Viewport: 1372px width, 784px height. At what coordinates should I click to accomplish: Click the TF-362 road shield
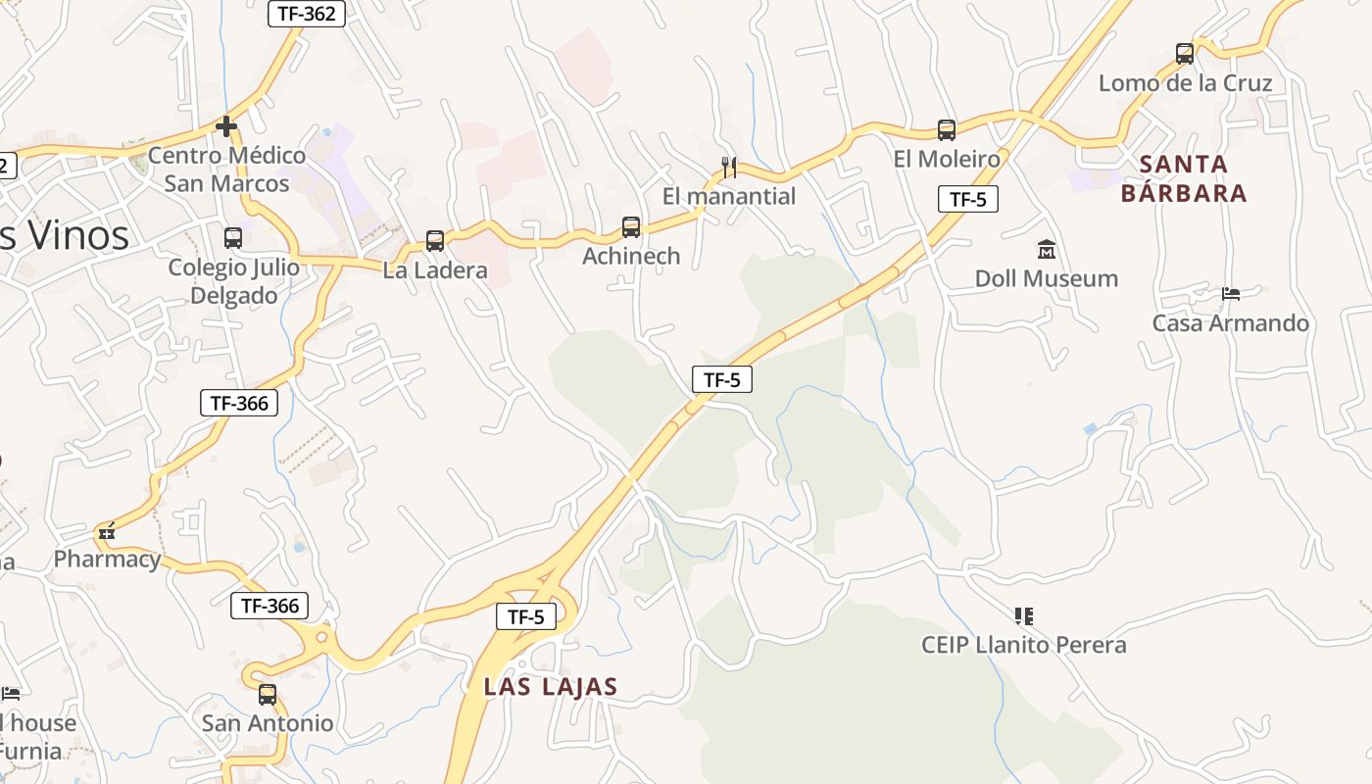(306, 13)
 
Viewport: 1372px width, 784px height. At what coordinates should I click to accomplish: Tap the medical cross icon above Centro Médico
(226, 126)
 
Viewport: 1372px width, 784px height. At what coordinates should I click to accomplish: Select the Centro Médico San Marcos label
(226, 170)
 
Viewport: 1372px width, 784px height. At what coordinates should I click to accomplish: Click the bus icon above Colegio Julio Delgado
(233, 237)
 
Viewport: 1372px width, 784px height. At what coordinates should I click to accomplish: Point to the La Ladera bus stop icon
(435, 240)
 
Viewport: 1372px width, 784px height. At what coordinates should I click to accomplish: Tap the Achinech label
(631, 256)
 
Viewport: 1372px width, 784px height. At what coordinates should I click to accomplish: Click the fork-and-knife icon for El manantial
(728, 167)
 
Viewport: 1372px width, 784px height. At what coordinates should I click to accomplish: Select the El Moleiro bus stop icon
(947, 129)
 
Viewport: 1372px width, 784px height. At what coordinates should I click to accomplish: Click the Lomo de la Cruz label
(1185, 83)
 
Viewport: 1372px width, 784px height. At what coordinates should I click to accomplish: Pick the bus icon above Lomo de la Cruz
(1185, 53)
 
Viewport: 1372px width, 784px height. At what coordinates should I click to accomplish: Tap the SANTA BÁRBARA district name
(1184, 178)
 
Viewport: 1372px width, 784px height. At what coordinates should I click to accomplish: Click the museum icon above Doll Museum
(1046, 250)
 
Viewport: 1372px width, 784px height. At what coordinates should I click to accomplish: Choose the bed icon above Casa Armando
(1231, 293)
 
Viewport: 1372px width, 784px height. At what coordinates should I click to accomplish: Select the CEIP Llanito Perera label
(1023, 645)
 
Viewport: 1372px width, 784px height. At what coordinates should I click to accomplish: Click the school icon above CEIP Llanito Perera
(1024, 615)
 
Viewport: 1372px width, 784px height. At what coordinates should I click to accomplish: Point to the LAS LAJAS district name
(551, 687)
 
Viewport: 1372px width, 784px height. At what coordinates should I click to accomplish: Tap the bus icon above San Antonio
(268, 695)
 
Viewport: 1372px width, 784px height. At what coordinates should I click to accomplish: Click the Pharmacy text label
(107, 560)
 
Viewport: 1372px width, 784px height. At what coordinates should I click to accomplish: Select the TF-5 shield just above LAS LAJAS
(526, 616)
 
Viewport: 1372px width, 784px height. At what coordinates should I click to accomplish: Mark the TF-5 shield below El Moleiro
(967, 199)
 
